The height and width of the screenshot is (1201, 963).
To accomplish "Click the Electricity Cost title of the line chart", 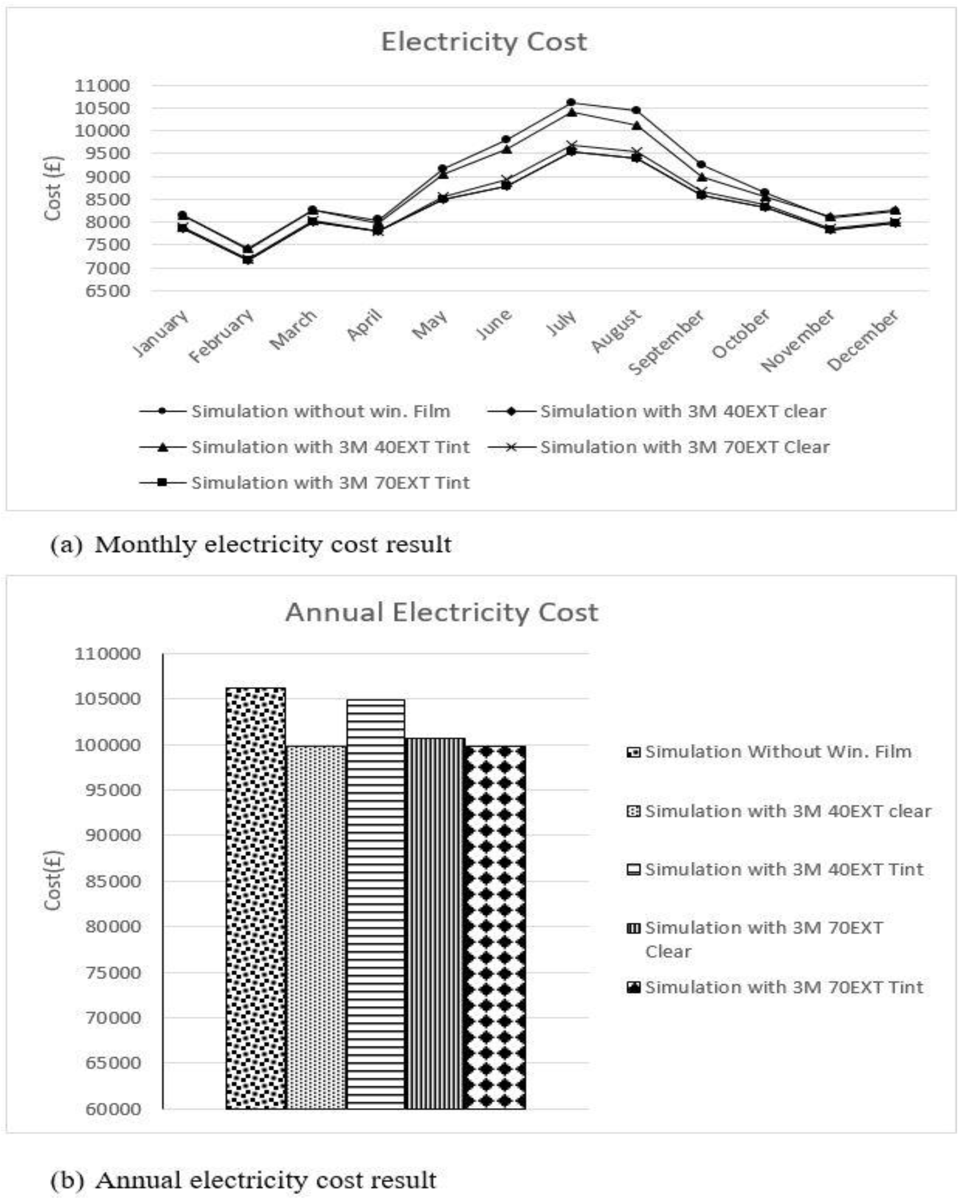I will pos(484,42).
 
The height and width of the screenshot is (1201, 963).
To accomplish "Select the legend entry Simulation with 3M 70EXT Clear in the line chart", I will pos(685,447).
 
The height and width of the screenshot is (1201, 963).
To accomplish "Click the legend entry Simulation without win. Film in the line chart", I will pos(320,411).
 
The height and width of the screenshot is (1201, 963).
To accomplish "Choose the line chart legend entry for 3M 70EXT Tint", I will pos(330,482).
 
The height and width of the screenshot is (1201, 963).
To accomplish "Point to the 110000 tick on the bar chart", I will pos(108,653).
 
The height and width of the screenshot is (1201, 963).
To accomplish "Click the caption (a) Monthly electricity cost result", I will pos(251,544).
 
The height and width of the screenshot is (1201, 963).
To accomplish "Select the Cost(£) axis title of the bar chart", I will pos(53,880).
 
